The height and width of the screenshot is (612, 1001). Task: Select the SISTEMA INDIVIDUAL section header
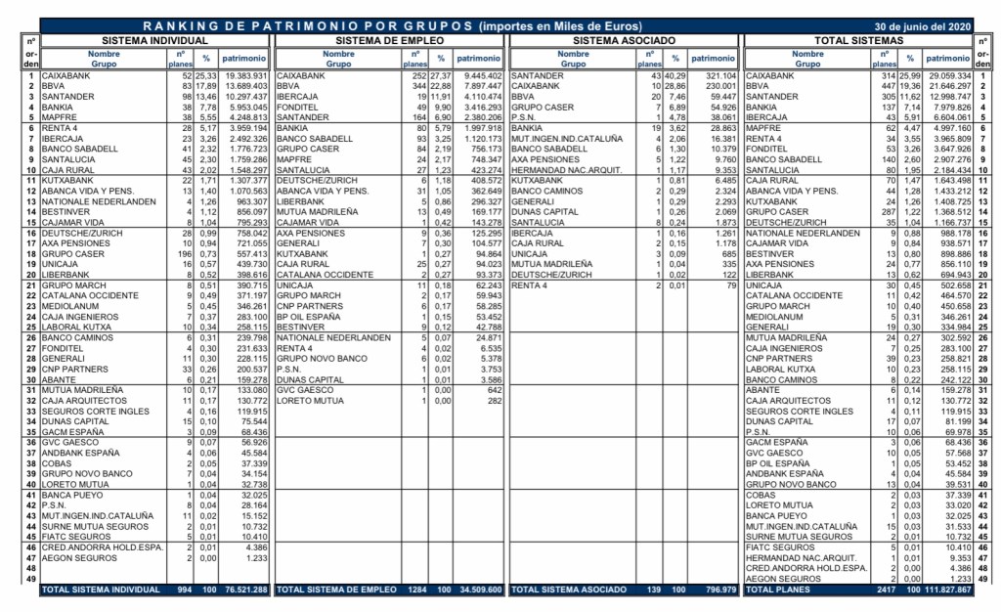(x=155, y=41)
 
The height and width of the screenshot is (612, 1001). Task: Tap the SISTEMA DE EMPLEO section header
(x=389, y=41)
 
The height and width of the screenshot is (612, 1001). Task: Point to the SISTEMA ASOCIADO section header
(x=624, y=41)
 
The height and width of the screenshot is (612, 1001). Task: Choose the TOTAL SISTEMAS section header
(x=859, y=41)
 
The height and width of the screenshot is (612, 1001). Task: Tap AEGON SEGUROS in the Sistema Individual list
(x=77, y=557)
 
